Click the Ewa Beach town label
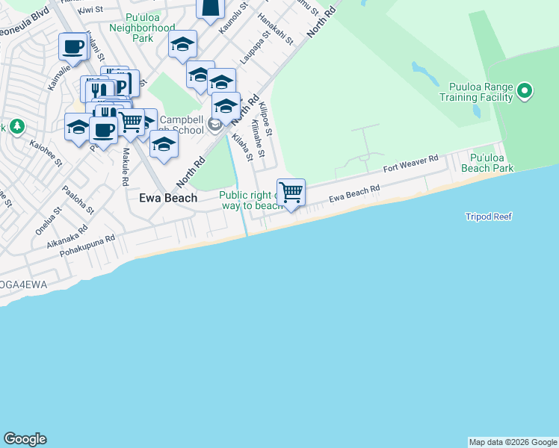pos(169,198)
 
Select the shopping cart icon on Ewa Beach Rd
pos(291,192)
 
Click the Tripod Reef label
pos(489,217)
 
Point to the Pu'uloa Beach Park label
pos(492,164)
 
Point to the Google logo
pos(25,439)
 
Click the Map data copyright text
pos(513,442)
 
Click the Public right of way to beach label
pos(251,201)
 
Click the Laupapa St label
pos(253,50)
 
